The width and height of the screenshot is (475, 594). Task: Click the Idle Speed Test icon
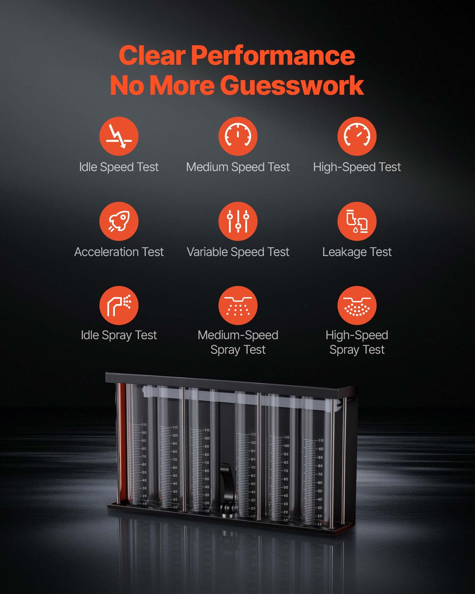click(119, 136)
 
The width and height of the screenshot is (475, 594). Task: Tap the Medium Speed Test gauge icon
click(238, 136)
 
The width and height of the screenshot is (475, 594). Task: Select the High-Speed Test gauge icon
click(357, 136)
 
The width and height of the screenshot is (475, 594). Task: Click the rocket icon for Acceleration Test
click(119, 221)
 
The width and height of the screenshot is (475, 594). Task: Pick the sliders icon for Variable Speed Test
click(238, 221)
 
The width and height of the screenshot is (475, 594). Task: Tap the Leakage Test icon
click(357, 221)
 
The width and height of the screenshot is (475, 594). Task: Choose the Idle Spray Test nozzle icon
click(119, 305)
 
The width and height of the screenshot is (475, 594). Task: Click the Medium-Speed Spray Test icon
click(238, 305)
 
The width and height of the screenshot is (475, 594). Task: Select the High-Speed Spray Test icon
click(357, 305)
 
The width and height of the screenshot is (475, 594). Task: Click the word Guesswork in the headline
click(292, 85)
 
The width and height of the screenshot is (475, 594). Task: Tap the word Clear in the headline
click(152, 56)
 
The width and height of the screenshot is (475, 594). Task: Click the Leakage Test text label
click(357, 252)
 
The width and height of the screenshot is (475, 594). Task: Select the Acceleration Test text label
click(119, 252)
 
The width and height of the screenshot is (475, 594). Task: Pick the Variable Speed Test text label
click(238, 252)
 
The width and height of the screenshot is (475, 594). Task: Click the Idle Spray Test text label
click(119, 335)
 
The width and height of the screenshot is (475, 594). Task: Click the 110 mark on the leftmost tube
click(144, 425)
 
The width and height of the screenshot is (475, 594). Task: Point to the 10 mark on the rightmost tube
click(319, 525)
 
